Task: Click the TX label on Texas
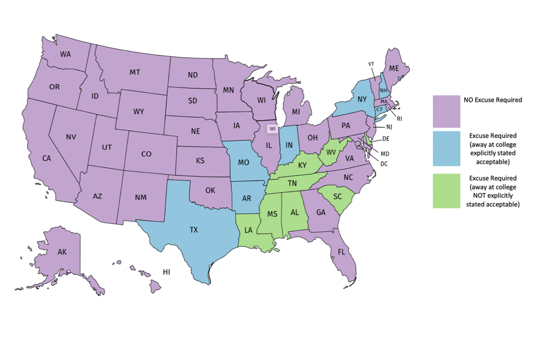(x=194, y=230)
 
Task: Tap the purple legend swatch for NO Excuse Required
(x=446, y=111)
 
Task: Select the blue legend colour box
(x=446, y=148)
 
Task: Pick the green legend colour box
(x=446, y=191)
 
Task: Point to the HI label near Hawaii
(x=166, y=272)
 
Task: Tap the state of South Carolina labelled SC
(x=337, y=196)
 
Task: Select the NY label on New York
(x=362, y=99)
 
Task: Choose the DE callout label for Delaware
(x=386, y=139)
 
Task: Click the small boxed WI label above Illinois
(x=272, y=129)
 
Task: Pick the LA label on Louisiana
(x=248, y=231)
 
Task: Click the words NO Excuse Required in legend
(x=493, y=99)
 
